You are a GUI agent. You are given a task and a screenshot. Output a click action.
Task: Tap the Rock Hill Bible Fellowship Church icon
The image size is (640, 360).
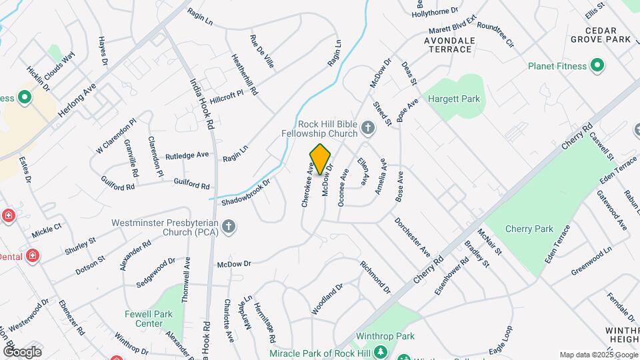[x=367, y=127]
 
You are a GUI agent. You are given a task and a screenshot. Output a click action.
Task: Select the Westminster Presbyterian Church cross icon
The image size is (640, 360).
[x=228, y=227]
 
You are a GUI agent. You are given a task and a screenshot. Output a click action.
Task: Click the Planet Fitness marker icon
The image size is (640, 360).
[x=597, y=66]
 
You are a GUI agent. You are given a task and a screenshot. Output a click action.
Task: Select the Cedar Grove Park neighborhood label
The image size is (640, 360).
[x=609, y=35]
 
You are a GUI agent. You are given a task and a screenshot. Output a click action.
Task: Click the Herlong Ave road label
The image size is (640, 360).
[x=73, y=100]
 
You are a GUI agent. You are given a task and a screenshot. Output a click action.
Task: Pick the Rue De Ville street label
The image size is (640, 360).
[x=261, y=51]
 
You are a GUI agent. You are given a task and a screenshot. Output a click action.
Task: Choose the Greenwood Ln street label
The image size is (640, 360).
[x=591, y=263]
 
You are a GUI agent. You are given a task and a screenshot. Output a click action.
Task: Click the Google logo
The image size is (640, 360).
[x=22, y=351]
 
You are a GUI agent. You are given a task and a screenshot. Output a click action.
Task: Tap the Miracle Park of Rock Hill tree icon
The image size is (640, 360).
[x=380, y=353]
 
